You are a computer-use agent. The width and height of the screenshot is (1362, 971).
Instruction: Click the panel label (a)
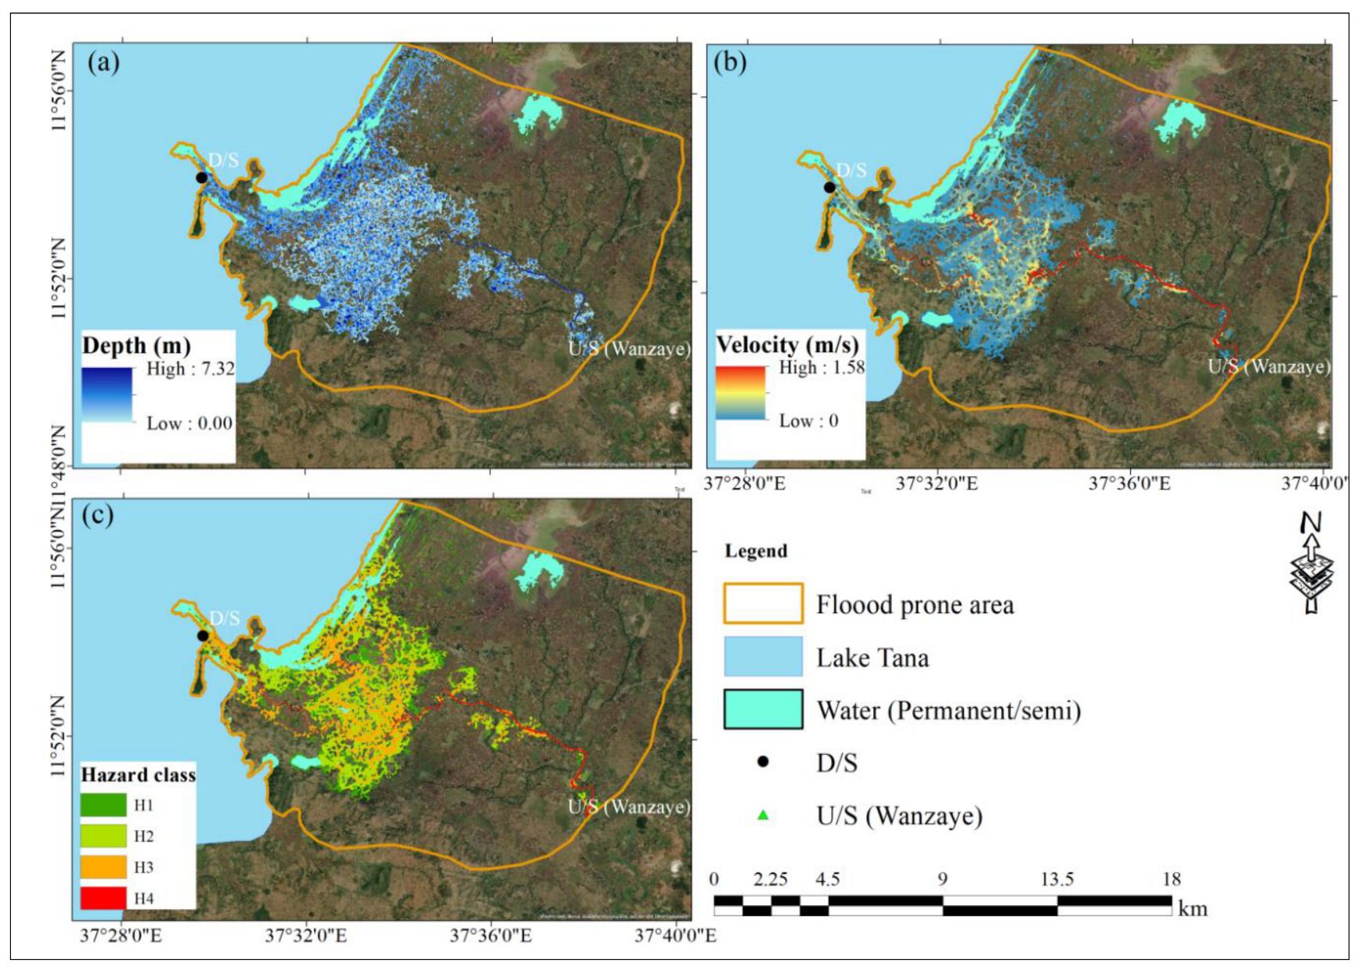click(x=103, y=62)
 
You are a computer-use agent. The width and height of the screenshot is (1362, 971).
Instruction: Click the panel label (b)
click(x=730, y=62)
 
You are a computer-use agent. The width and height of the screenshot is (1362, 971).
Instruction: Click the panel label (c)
click(x=98, y=514)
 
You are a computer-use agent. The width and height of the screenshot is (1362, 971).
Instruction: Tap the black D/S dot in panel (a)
click(x=201, y=178)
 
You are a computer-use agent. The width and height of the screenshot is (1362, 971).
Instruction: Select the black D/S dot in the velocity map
click(x=829, y=187)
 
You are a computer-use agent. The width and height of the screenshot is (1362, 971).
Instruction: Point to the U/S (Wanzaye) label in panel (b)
click(x=1268, y=366)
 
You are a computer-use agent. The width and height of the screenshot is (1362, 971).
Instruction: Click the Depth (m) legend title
click(x=136, y=345)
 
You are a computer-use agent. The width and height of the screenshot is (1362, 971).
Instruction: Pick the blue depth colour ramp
click(x=107, y=395)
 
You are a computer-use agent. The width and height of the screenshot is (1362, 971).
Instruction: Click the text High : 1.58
click(x=821, y=367)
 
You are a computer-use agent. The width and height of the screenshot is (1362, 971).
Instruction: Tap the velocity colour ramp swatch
click(x=740, y=393)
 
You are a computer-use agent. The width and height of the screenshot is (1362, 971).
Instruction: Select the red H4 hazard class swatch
click(x=103, y=897)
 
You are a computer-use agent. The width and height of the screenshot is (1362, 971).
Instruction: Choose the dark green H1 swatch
click(x=103, y=805)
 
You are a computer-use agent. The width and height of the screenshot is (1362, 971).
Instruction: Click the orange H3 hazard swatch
click(x=103, y=867)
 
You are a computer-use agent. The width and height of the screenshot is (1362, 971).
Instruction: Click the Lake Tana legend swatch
click(x=763, y=657)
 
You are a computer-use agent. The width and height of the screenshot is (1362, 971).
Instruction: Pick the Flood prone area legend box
click(x=763, y=604)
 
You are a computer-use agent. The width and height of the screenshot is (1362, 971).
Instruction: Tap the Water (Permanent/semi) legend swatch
click(x=763, y=709)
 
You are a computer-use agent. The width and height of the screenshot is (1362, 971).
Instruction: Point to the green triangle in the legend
click(x=763, y=815)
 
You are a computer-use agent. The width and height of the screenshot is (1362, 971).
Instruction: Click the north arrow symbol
click(x=1311, y=564)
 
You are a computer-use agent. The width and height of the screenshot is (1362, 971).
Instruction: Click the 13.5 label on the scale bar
click(x=1057, y=879)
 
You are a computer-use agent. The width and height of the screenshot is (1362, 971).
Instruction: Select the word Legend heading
click(x=756, y=550)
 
